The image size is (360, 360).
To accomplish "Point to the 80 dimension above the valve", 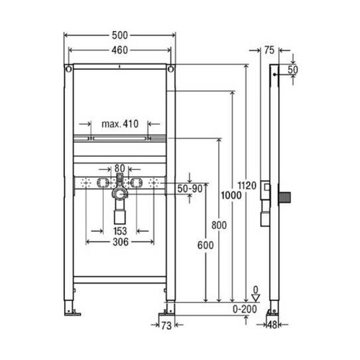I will pyautogui.click(x=120, y=167).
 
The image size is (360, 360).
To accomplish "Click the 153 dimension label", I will pyautogui.click(x=120, y=232).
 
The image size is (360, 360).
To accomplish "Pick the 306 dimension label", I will pyautogui.click(x=120, y=243).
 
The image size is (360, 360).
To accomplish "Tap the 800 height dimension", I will pyautogui.click(x=220, y=225).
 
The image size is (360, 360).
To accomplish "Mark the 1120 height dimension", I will pyautogui.click(x=248, y=185).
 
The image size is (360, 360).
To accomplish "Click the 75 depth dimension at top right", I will pyautogui.click(x=269, y=50).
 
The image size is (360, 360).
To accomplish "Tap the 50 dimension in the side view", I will pyautogui.click(x=293, y=69).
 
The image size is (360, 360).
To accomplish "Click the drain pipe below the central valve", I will pyautogui.click(x=120, y=213).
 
